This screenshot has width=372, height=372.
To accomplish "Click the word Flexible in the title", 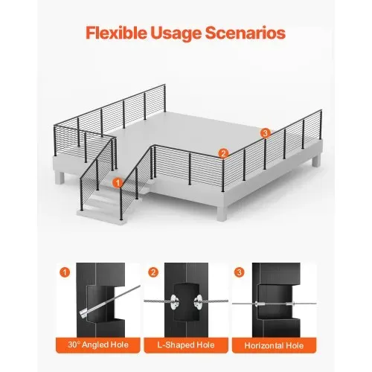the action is pos(116,33).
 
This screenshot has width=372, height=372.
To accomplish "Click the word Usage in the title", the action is pos(176,33).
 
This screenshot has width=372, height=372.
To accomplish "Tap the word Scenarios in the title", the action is pos(246,33).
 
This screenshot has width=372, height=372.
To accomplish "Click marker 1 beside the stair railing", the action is pos(118,183).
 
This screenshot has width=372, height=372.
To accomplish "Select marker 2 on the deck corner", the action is pos(223,153).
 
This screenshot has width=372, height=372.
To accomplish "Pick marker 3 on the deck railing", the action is pos(266,133).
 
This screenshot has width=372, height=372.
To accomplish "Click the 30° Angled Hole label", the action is pos(98,344).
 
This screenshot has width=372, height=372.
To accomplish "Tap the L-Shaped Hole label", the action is pos(186,345).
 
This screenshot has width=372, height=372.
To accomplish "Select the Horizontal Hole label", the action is pos(274,345).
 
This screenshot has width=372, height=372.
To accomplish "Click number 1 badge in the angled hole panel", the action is pos(65,272).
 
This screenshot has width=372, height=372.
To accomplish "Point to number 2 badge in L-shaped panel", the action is pos(153,272).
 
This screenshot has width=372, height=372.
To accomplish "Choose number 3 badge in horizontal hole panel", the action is pos(239,272).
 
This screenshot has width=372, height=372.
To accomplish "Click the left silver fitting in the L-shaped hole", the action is pos(175,301).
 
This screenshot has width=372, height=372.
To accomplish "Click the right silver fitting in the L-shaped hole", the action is pos(199,301).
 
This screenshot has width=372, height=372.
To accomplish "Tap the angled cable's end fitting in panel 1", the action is pos(85,314).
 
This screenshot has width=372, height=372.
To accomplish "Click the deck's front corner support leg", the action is pos(222,213).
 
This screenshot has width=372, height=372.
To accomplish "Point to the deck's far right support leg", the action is pos(316,160).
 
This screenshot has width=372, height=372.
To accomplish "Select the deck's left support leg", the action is pos(60,178).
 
